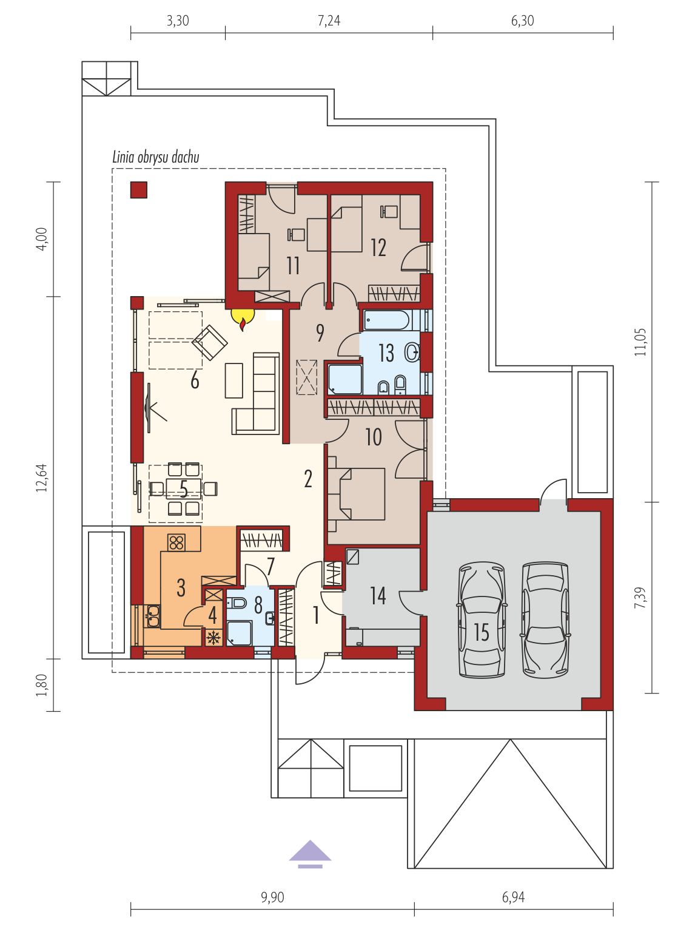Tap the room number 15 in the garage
click(481, 632)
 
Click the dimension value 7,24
click(329, 21)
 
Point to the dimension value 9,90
click(272, 897)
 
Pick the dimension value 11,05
click(640, 342)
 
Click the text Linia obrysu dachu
click(156, 157)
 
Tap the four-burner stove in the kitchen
click(176, 542)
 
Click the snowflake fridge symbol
click(214, 637)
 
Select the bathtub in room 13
click(387, 320)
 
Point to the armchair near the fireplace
click(210, 342)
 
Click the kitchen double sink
click(153, 616)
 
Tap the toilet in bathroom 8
click(237, 603)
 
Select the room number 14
click(378, 595)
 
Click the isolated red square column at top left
click(139, 190)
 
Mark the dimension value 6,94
click(514, 897)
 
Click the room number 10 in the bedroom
click(374, 437)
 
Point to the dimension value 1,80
click(42, 685)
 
